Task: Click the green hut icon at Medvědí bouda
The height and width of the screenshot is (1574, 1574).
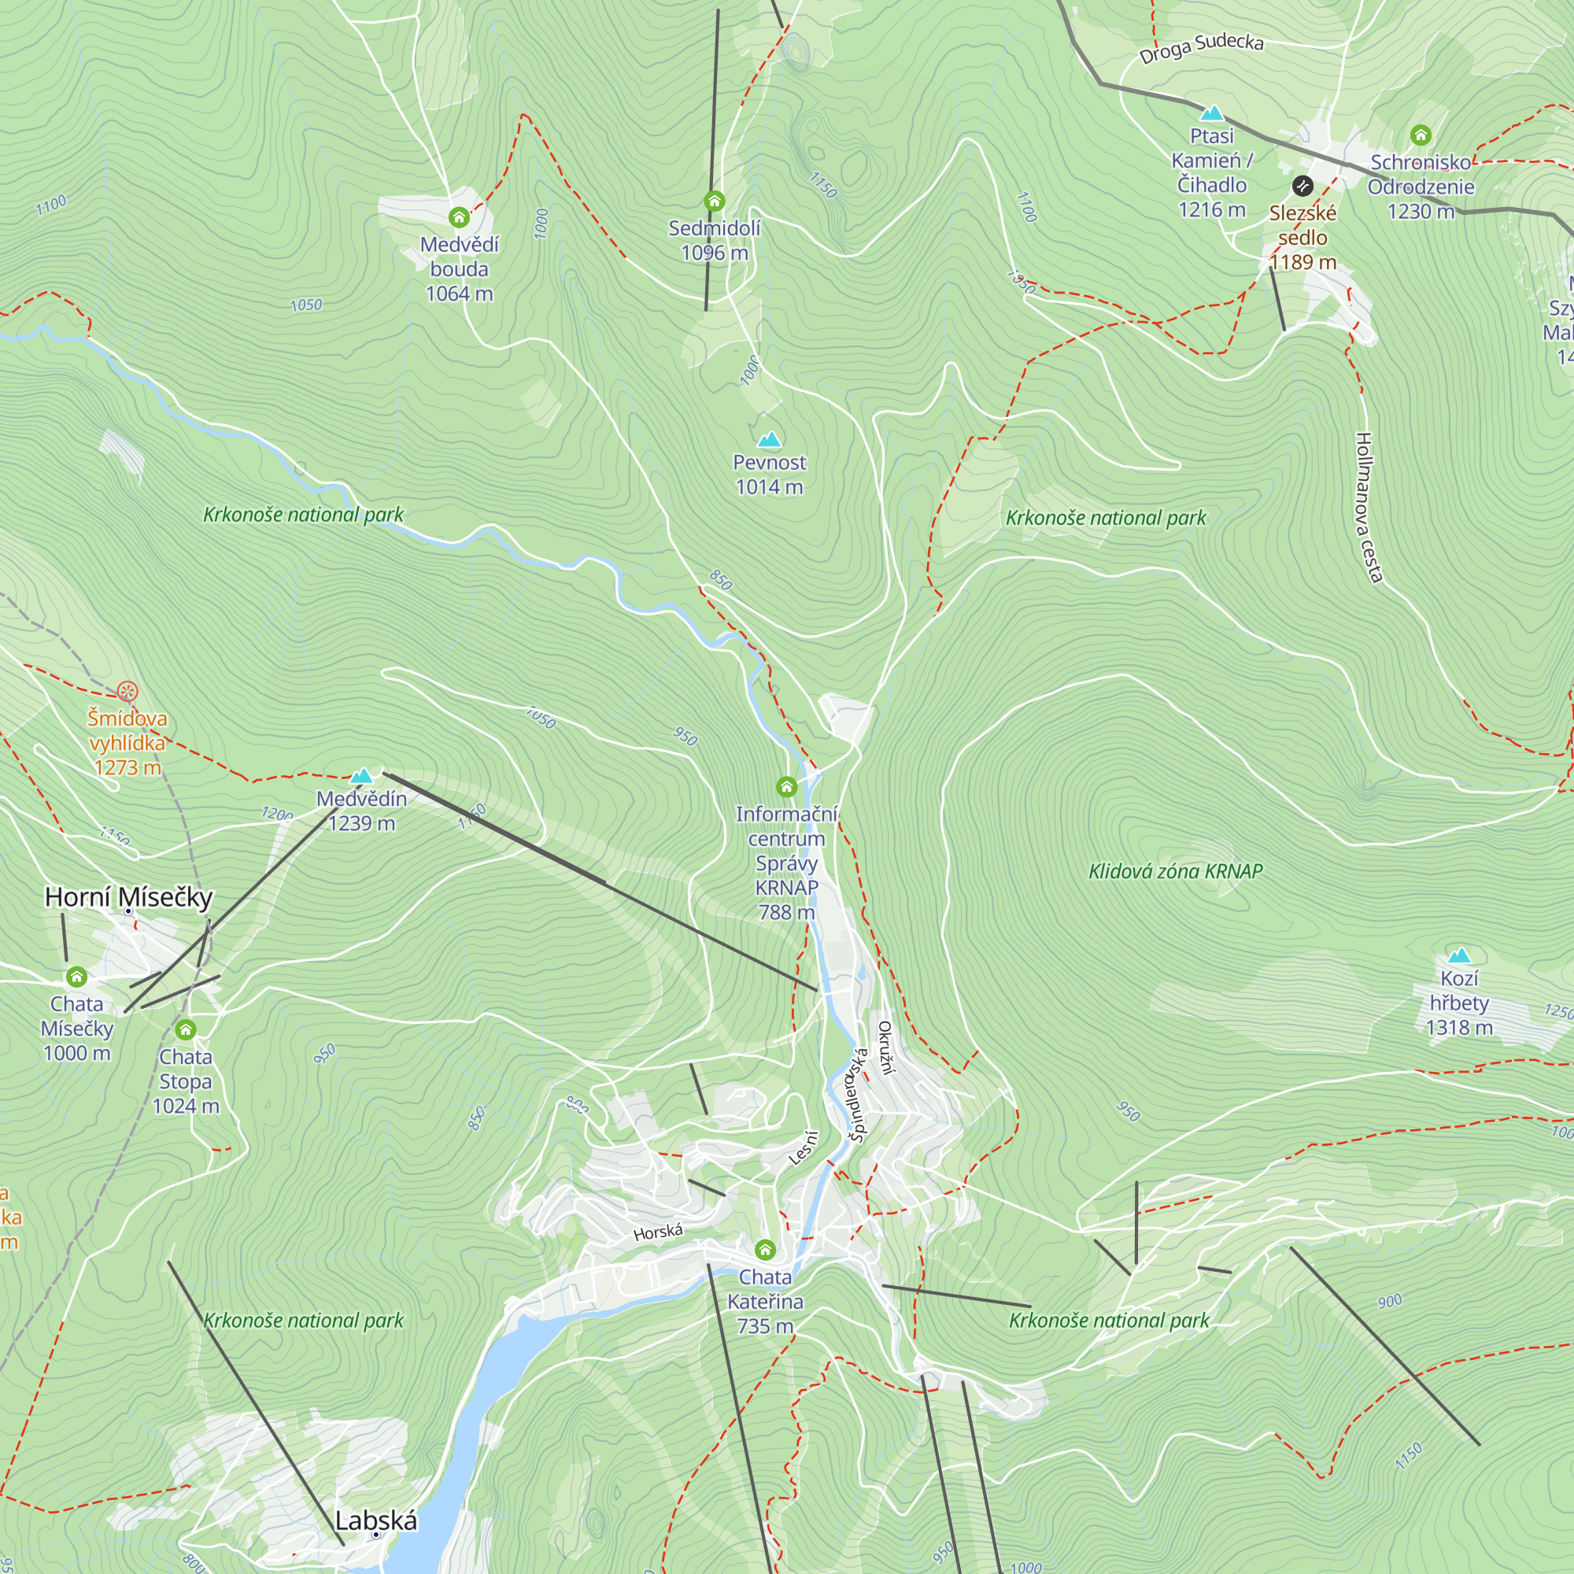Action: [459, 216]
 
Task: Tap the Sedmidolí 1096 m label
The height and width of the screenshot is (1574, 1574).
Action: [715, 240]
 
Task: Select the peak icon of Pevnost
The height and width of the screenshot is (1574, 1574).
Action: [768, 441]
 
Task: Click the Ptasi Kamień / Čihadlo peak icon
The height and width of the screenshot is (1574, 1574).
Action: [1211, 113]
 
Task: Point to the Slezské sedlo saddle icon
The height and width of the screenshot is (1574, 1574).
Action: [1302, 187]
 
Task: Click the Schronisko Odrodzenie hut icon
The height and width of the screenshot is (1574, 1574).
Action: [1421, 135]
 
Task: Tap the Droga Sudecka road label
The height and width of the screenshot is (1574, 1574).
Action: [1201, 48]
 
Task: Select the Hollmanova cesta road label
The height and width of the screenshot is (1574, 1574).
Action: [1369, 507]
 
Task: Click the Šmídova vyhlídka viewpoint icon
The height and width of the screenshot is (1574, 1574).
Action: [127, 692]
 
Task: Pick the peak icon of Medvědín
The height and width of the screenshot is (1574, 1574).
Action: [361, 776]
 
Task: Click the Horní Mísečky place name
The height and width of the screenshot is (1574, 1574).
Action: [129, 897]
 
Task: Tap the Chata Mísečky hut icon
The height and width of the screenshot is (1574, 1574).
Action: [76, 976]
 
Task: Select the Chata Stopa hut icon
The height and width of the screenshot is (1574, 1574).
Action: [186, 1029]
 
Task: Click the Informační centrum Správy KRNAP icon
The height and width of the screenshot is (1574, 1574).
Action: [786, 787]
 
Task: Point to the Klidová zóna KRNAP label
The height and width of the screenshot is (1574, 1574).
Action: [1175, 872]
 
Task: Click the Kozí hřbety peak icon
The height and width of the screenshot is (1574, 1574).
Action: [1459, 955]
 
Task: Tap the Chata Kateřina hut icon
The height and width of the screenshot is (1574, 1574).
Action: [765, 1249]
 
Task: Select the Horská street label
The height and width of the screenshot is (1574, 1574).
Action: [658, 1231]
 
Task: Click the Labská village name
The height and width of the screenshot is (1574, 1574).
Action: [375, 1520]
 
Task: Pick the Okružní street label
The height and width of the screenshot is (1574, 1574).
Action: [885, 1047]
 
